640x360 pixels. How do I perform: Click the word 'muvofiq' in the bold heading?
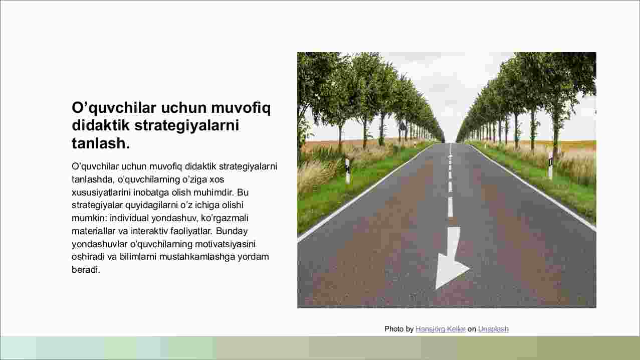tap(241, 108)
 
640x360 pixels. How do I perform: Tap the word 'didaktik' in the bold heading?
tap(101, 125)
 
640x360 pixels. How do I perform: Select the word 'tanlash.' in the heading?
tap(101, 143)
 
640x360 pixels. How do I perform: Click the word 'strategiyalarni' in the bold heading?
tap(186, 126)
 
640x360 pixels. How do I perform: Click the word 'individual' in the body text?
tap(129, 218)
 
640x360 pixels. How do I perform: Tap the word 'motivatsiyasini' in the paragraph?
tap(225, 244)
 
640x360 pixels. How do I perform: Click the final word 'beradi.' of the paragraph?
tap(86, 269)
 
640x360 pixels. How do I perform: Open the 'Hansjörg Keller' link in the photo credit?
tap(441, 329)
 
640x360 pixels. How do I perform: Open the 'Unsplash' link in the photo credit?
tap(493, 329)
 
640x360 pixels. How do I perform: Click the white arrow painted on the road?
tap(451, 257)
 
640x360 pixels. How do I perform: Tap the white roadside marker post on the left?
tap(347, 171)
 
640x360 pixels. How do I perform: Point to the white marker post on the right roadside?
tap(551, 166)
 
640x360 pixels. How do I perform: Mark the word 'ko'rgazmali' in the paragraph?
tap(225, 218)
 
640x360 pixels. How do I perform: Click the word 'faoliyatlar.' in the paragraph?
tap(191, 231)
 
